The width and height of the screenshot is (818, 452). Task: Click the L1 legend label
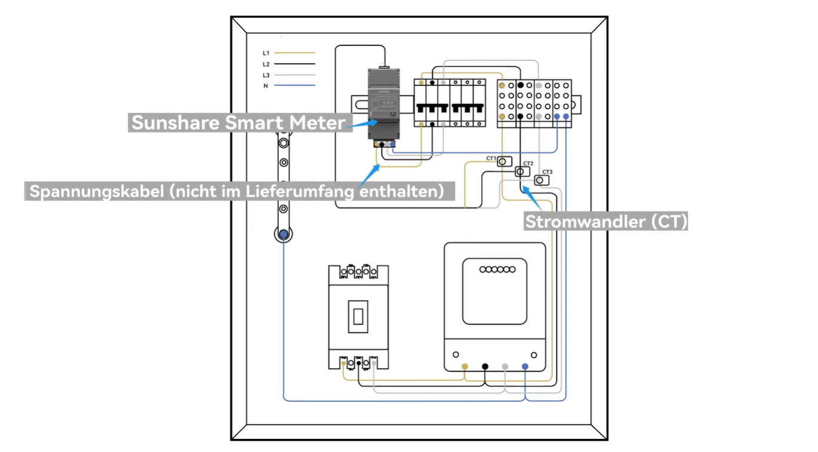pyautogui.click(x=266, y=53)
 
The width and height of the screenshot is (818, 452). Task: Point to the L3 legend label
pyautogui.click(x=266, y=75)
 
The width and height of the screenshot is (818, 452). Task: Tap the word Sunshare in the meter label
pyautogui.click(x=176, y=123)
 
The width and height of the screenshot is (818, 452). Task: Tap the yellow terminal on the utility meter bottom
pyautogui.click(x=465, y=366)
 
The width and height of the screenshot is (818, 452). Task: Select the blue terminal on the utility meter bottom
pyautogui.click(x=525, y=366)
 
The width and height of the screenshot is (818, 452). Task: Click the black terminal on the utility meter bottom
pyautogui.click(x=485, y=366)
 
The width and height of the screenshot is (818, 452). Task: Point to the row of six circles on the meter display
pyautogui.click(x=497, y=270)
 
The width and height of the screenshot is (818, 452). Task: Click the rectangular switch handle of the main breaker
pyautogui.click(x=358, y=316)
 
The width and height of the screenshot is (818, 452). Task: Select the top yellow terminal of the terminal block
pyautogui.click(x=503, y=85)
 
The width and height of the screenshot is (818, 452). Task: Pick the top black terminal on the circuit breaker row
pyautogui.click(x=432, y=82)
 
